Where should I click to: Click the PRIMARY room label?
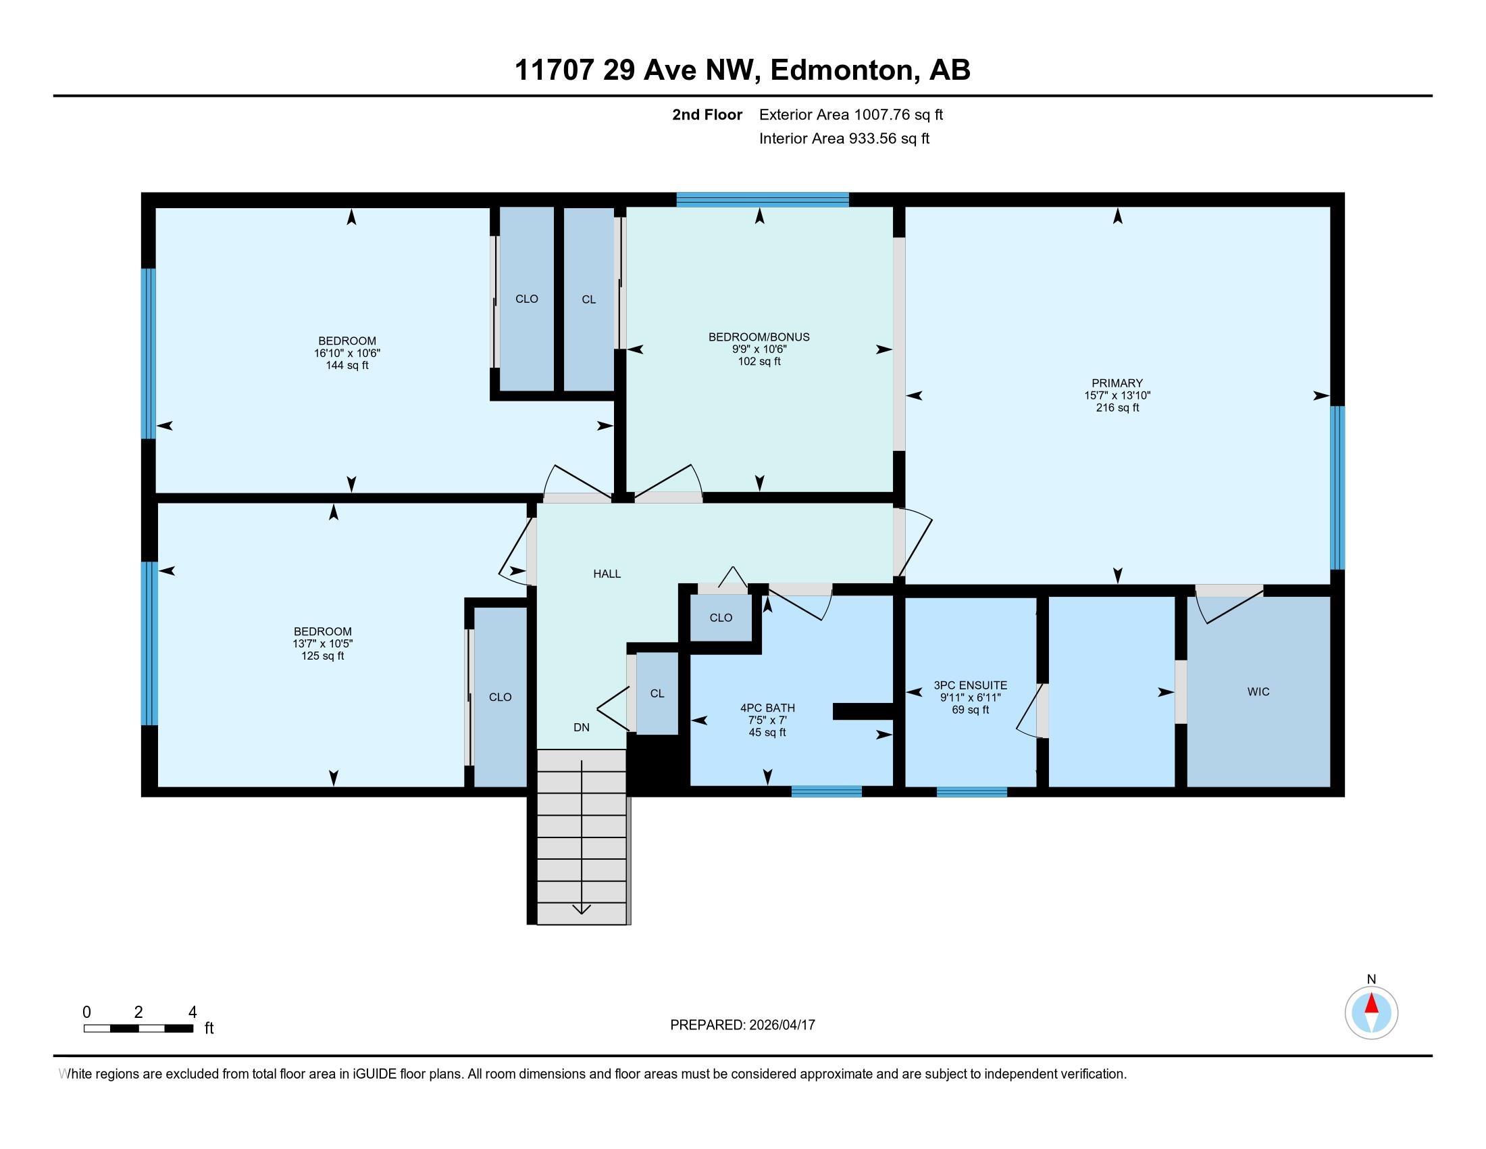pyautogui.click(x=1117, y=383)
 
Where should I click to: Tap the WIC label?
pyautogui.click(x=1258, y=691)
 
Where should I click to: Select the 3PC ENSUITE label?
pyautogui.click(x=969, y=685)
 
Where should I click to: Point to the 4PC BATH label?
pyautogui.click(x=767, y=708)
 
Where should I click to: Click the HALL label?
pyautogui.click(x=607, y=574)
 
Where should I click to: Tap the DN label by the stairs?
pyautogui.click(x=581, y=727)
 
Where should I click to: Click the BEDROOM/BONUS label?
pyautogui.click(x=759, y=337)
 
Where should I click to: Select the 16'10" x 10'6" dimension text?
pyautogui.click(x=347, y=353)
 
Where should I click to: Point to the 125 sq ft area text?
pyautogui.click(x=322, y=656)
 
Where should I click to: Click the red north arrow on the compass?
pyautogui.click(x=1371, y=1004)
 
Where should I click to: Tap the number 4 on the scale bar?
pyautogui.click(x=193, y=1012)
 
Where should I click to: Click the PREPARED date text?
pyautogui.click(x=742, y=1025)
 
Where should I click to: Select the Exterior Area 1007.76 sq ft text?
pyautogui.click(x=850, y=114)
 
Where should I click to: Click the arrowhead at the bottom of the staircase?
pyautogui.click(x=581, y=909)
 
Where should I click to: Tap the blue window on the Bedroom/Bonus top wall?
pyautogui.click(x=762, y=199)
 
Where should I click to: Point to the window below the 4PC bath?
pyautogui.click(x=826, y=791)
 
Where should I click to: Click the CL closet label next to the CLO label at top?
pyautogui.click(x=588, y=299)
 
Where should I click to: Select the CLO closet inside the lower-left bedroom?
pyautogui.click(x=500, y=697)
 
